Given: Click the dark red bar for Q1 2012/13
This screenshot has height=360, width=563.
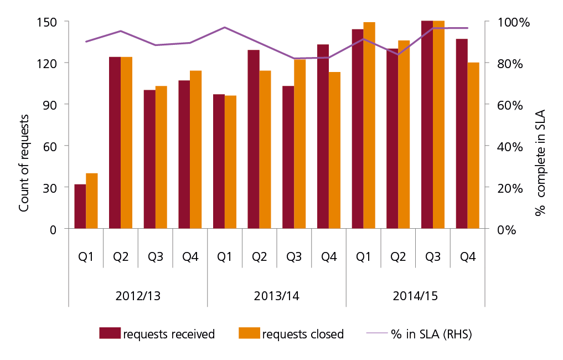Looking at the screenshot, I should click(x=80, y=206).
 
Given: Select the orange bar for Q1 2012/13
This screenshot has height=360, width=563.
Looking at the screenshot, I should click(x=92, y=200).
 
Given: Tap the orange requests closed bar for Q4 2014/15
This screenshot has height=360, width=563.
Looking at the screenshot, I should click(x=473, y=145).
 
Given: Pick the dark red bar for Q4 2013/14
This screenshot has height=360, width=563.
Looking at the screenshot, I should click(x=323, y=136).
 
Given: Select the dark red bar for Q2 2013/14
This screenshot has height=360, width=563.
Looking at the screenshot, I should click(x=254, y=139).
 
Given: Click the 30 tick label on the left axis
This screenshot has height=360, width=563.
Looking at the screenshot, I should click(x=50, y=188).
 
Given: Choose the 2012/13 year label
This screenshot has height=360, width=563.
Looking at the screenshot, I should click(x=138, y=296).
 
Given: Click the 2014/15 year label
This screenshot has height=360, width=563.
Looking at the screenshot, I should click(x=416, y=296).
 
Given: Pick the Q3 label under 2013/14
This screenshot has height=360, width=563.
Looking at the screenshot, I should click(x=294, y=258).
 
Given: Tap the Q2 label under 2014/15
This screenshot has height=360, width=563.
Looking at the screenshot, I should click(x=398, y=258).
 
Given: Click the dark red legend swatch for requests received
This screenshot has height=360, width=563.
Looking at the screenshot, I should click(x=110, y=333).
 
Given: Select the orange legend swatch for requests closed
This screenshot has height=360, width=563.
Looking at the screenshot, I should click(x=249, y=333).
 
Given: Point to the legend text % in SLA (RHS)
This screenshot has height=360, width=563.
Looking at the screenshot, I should click(x=431, y=334).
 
